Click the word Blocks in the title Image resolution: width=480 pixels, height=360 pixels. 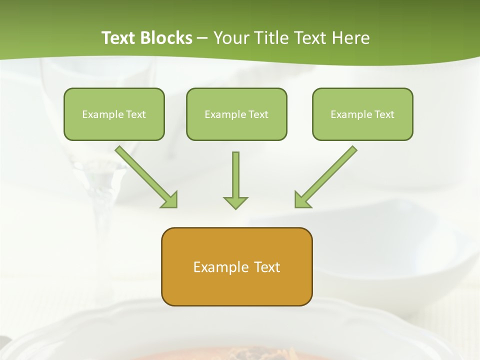[x=167, y=38]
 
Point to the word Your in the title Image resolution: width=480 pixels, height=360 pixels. [x=230, y=38]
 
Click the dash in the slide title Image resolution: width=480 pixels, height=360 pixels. [x=202, y=38]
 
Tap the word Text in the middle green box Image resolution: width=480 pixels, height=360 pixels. [x=258, y=114]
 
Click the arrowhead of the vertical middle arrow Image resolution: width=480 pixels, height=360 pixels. [x=235, y=202]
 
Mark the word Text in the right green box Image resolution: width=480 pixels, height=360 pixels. [x=384, y=114]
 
